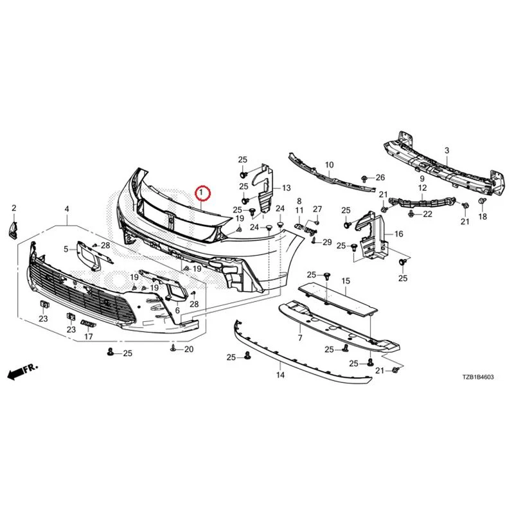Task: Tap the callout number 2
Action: coord(13,208)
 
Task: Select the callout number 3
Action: coord(447,151)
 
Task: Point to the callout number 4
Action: coord(67,209)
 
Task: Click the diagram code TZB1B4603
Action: coord(478,377)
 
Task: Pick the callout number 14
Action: coord(280,375)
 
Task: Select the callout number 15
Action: coord(346,281)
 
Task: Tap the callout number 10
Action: coord(329,164)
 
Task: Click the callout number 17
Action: coord(89,336)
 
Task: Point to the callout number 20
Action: coord(189,350)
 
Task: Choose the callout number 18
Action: coord(483,217)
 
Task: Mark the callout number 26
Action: coord(380,178)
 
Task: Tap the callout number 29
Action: coord(327,242)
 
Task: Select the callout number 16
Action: coord(398,234)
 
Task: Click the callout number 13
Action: coord(286,188)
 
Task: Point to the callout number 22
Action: coord(427,214)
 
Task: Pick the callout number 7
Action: coord(300,337)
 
